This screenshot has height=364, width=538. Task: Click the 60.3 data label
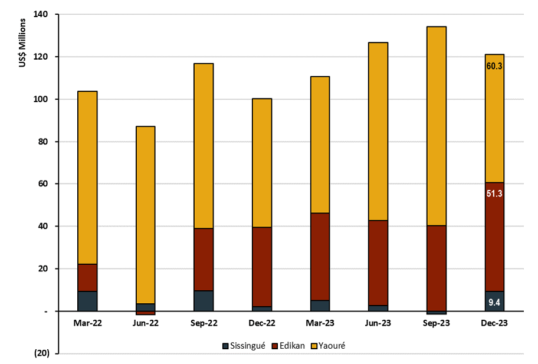coord(494,66)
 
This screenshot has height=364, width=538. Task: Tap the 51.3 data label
coord(494,194)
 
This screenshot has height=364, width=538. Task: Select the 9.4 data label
coord(494,302)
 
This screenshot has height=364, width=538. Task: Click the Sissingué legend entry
coord(244,346)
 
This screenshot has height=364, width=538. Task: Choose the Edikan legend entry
coord(288,346)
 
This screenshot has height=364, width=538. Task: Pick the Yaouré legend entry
coord(328,346)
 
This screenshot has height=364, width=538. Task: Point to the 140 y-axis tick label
coord(41,14)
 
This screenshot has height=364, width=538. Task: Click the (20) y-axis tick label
coord(41,353)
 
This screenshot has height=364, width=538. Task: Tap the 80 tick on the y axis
coord(43,142)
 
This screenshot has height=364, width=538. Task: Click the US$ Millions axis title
coord(22,42)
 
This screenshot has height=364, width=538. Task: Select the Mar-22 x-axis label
coord(87,323)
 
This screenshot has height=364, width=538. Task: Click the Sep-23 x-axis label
coord(436,323)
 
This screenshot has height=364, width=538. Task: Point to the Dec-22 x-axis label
coord(262,323)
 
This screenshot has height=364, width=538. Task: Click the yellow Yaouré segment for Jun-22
coord(146,215)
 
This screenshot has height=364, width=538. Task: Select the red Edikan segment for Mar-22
coord(87,277)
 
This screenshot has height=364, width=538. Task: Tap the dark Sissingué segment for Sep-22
coord(204,301)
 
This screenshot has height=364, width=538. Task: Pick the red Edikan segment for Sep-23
coord(437,268)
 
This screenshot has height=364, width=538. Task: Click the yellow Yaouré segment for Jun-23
coord(378,132)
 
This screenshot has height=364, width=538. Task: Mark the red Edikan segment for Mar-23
coord(320,257)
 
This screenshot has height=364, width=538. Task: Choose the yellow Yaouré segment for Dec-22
coord(262,163)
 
